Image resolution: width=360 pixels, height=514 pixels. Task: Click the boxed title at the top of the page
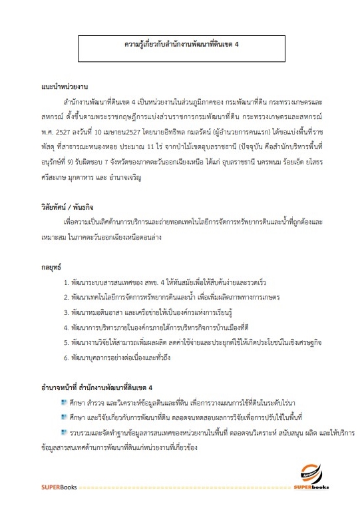(x=182, y=47)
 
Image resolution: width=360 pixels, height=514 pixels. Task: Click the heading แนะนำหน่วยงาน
(x=65, y=88)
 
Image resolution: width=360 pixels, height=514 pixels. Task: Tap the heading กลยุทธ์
(x=51, y=266)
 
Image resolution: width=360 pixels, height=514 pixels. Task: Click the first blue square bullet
(x=64, y=403)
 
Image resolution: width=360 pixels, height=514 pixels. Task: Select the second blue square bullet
(x=64, y=418)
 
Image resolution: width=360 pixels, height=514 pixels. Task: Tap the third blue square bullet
(x=64, y=433)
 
